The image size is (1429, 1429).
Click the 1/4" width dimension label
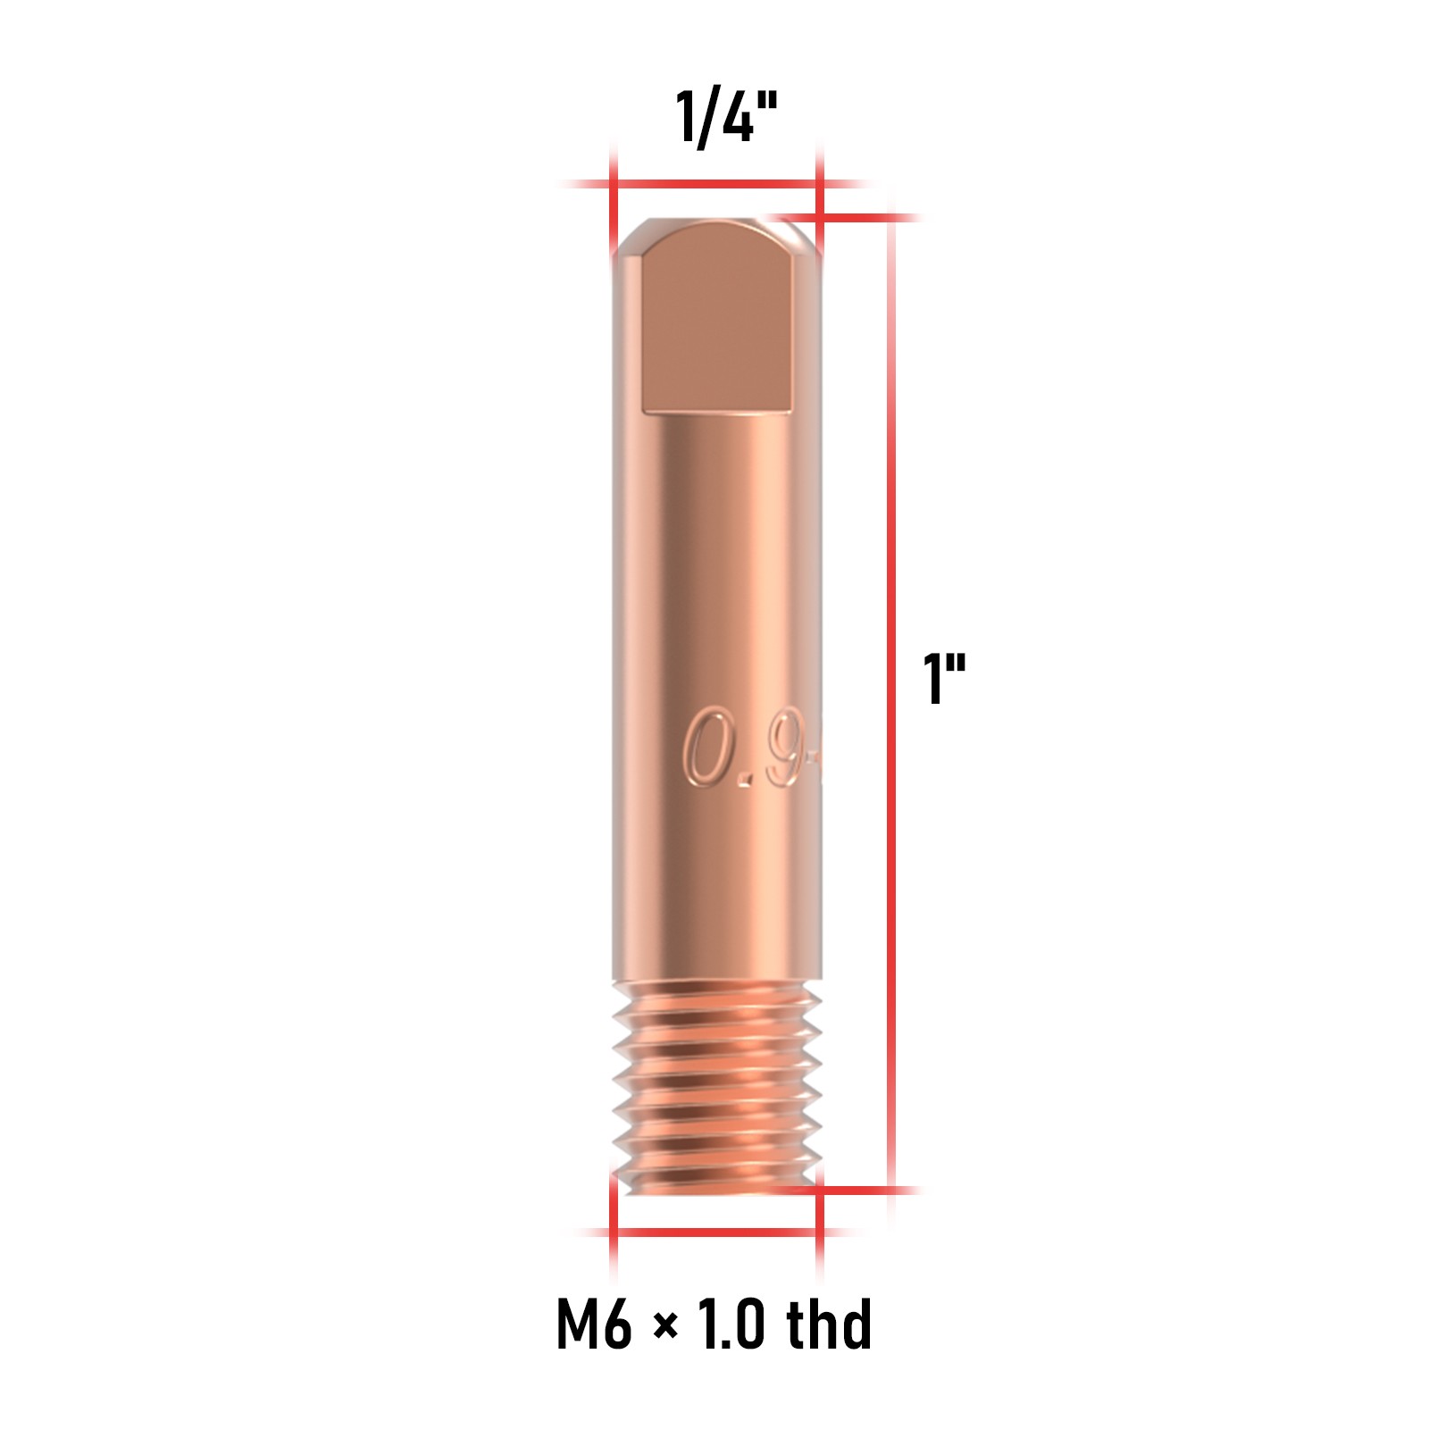tap(726, 117)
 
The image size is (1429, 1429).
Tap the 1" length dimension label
tap(944, 679)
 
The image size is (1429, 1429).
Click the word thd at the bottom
tap(829, 1322)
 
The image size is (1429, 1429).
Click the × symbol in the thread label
tap(664, 1326)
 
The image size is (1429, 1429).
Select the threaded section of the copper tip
tap(716, 1086)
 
